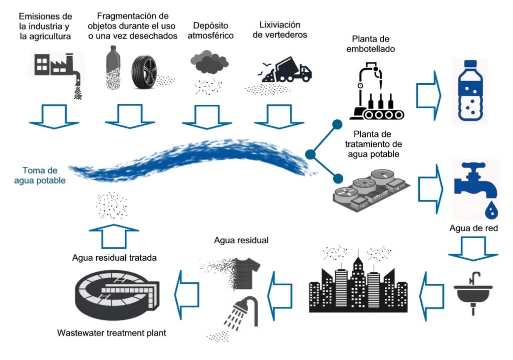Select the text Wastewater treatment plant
[x=112, y=332]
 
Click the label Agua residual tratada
[x=115, y=258]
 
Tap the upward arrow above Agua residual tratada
[x=114, y=235]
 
